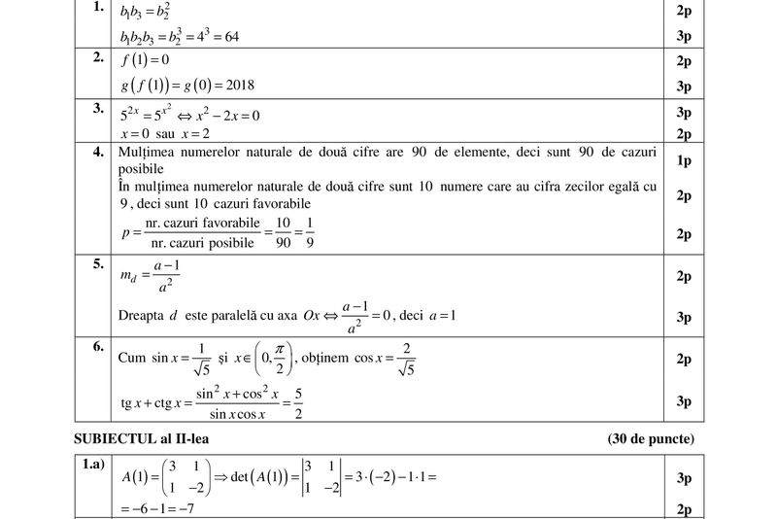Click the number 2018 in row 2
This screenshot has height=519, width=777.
click(x=236, y=86)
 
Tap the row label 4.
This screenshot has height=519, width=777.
click(x=98, y=153)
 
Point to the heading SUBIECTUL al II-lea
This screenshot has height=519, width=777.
click(x=142, y=439)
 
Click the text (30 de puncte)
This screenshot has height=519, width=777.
click(x=651, y=439)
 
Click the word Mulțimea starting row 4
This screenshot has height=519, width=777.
click(x=148, y=154)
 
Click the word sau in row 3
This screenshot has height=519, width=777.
click(x=166, y=134)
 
